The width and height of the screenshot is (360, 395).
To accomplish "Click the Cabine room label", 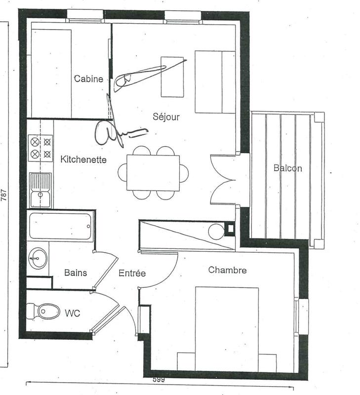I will pyautogui.click(x=89, y=79).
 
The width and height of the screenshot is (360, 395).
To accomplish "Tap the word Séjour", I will pyautogui.click(x=166, y=117).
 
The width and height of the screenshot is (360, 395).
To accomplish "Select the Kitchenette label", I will pyautogui.click(x=83, y=159).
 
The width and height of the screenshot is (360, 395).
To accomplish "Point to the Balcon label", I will pyautogui.click(x=287, y=168).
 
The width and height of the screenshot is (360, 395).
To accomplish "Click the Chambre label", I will pyautogui.click(x=227, y=270).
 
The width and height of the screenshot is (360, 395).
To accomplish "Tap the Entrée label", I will pyautogui.click(x=132, y=273).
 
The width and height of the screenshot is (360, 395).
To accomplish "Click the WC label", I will pyautogui.click(x=73, y=313).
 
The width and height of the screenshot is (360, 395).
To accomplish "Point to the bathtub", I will pyautogui.click(x=60, y=226).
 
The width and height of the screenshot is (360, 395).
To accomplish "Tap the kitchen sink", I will pyautogui.click(x=40, y=190).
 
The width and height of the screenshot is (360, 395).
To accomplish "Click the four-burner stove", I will pyautogui.click(x=40, y=148).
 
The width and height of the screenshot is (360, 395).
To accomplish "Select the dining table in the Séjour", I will pyautogui.click(x=153, y=173).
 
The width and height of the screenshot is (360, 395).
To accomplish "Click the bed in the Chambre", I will pyautogui.click(x=227, y=328).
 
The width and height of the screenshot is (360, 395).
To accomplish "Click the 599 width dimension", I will pyautogui.click(x=158, y=380).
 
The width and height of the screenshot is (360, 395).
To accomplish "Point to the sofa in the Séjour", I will pyautogui.click(x=214, y=81).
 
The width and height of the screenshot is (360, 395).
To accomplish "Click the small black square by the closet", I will pyautogui.click(x=229, y=228).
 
